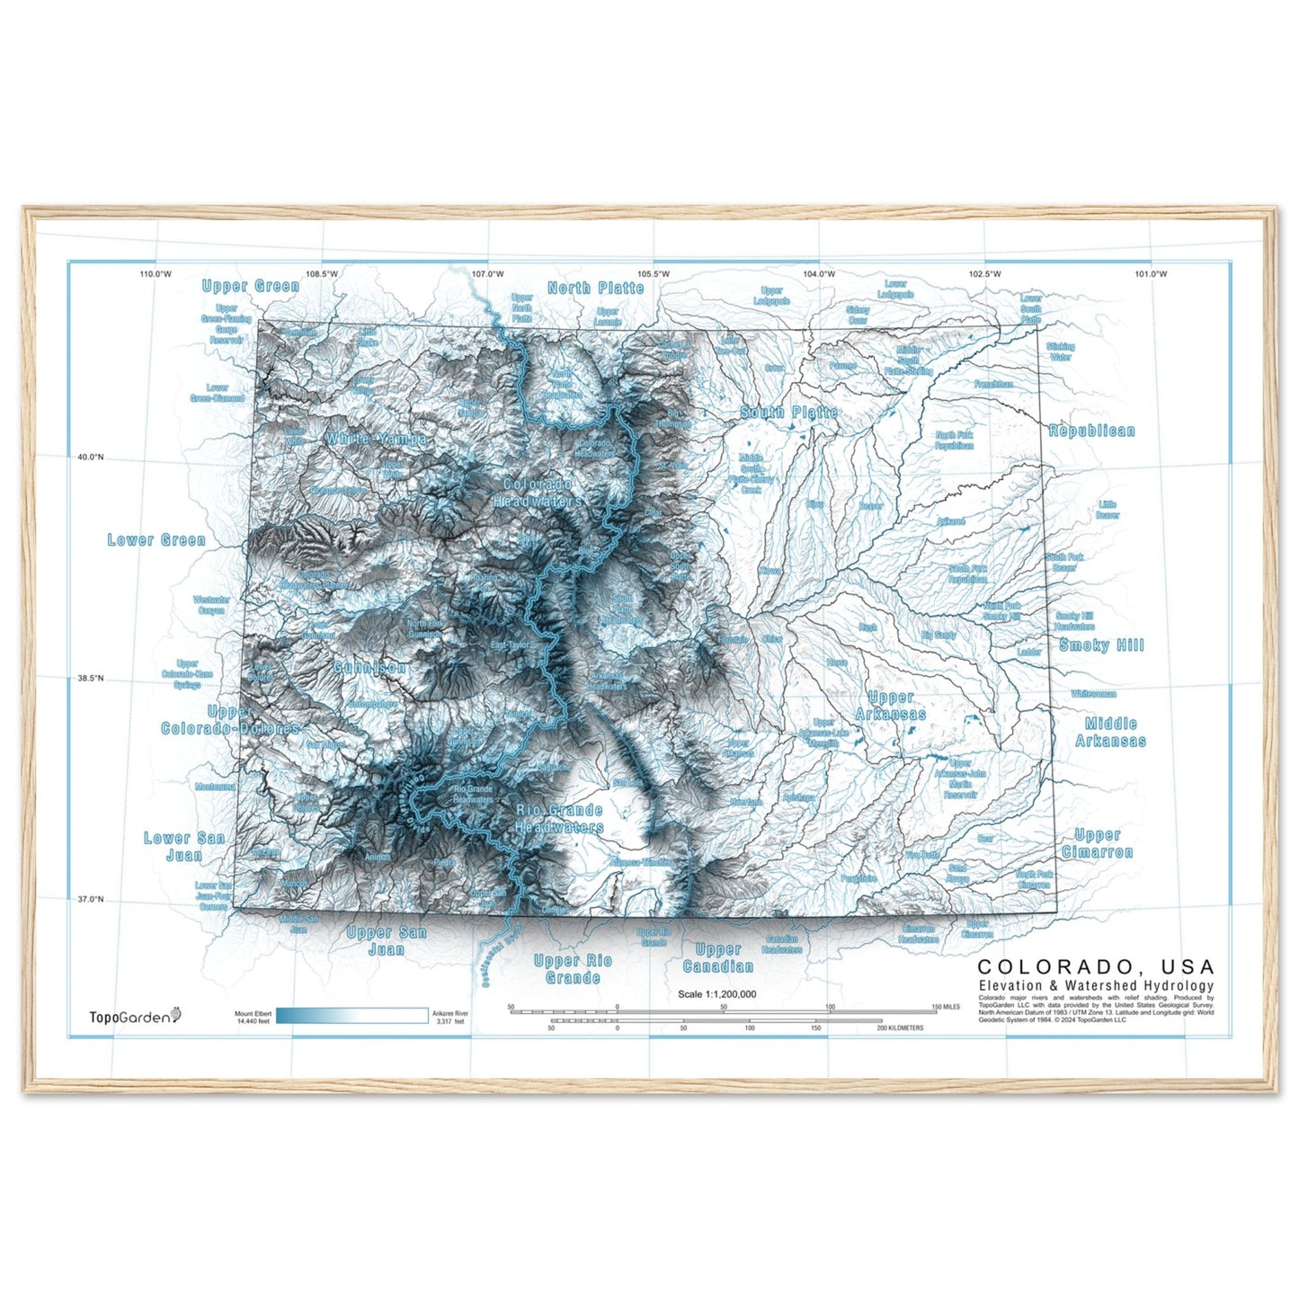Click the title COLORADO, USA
1095,967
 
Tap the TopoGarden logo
135,1017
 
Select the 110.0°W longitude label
156,274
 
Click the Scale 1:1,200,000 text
716,994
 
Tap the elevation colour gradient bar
351,1016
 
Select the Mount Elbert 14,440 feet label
253,1018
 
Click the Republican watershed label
1091,432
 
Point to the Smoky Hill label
1101,645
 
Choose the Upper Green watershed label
251,287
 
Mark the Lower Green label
156,540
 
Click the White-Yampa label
377,439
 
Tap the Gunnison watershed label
369,668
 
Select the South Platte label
788,413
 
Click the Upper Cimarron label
1097,843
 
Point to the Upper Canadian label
717,958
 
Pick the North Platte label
595,289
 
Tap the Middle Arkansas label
1110,733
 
